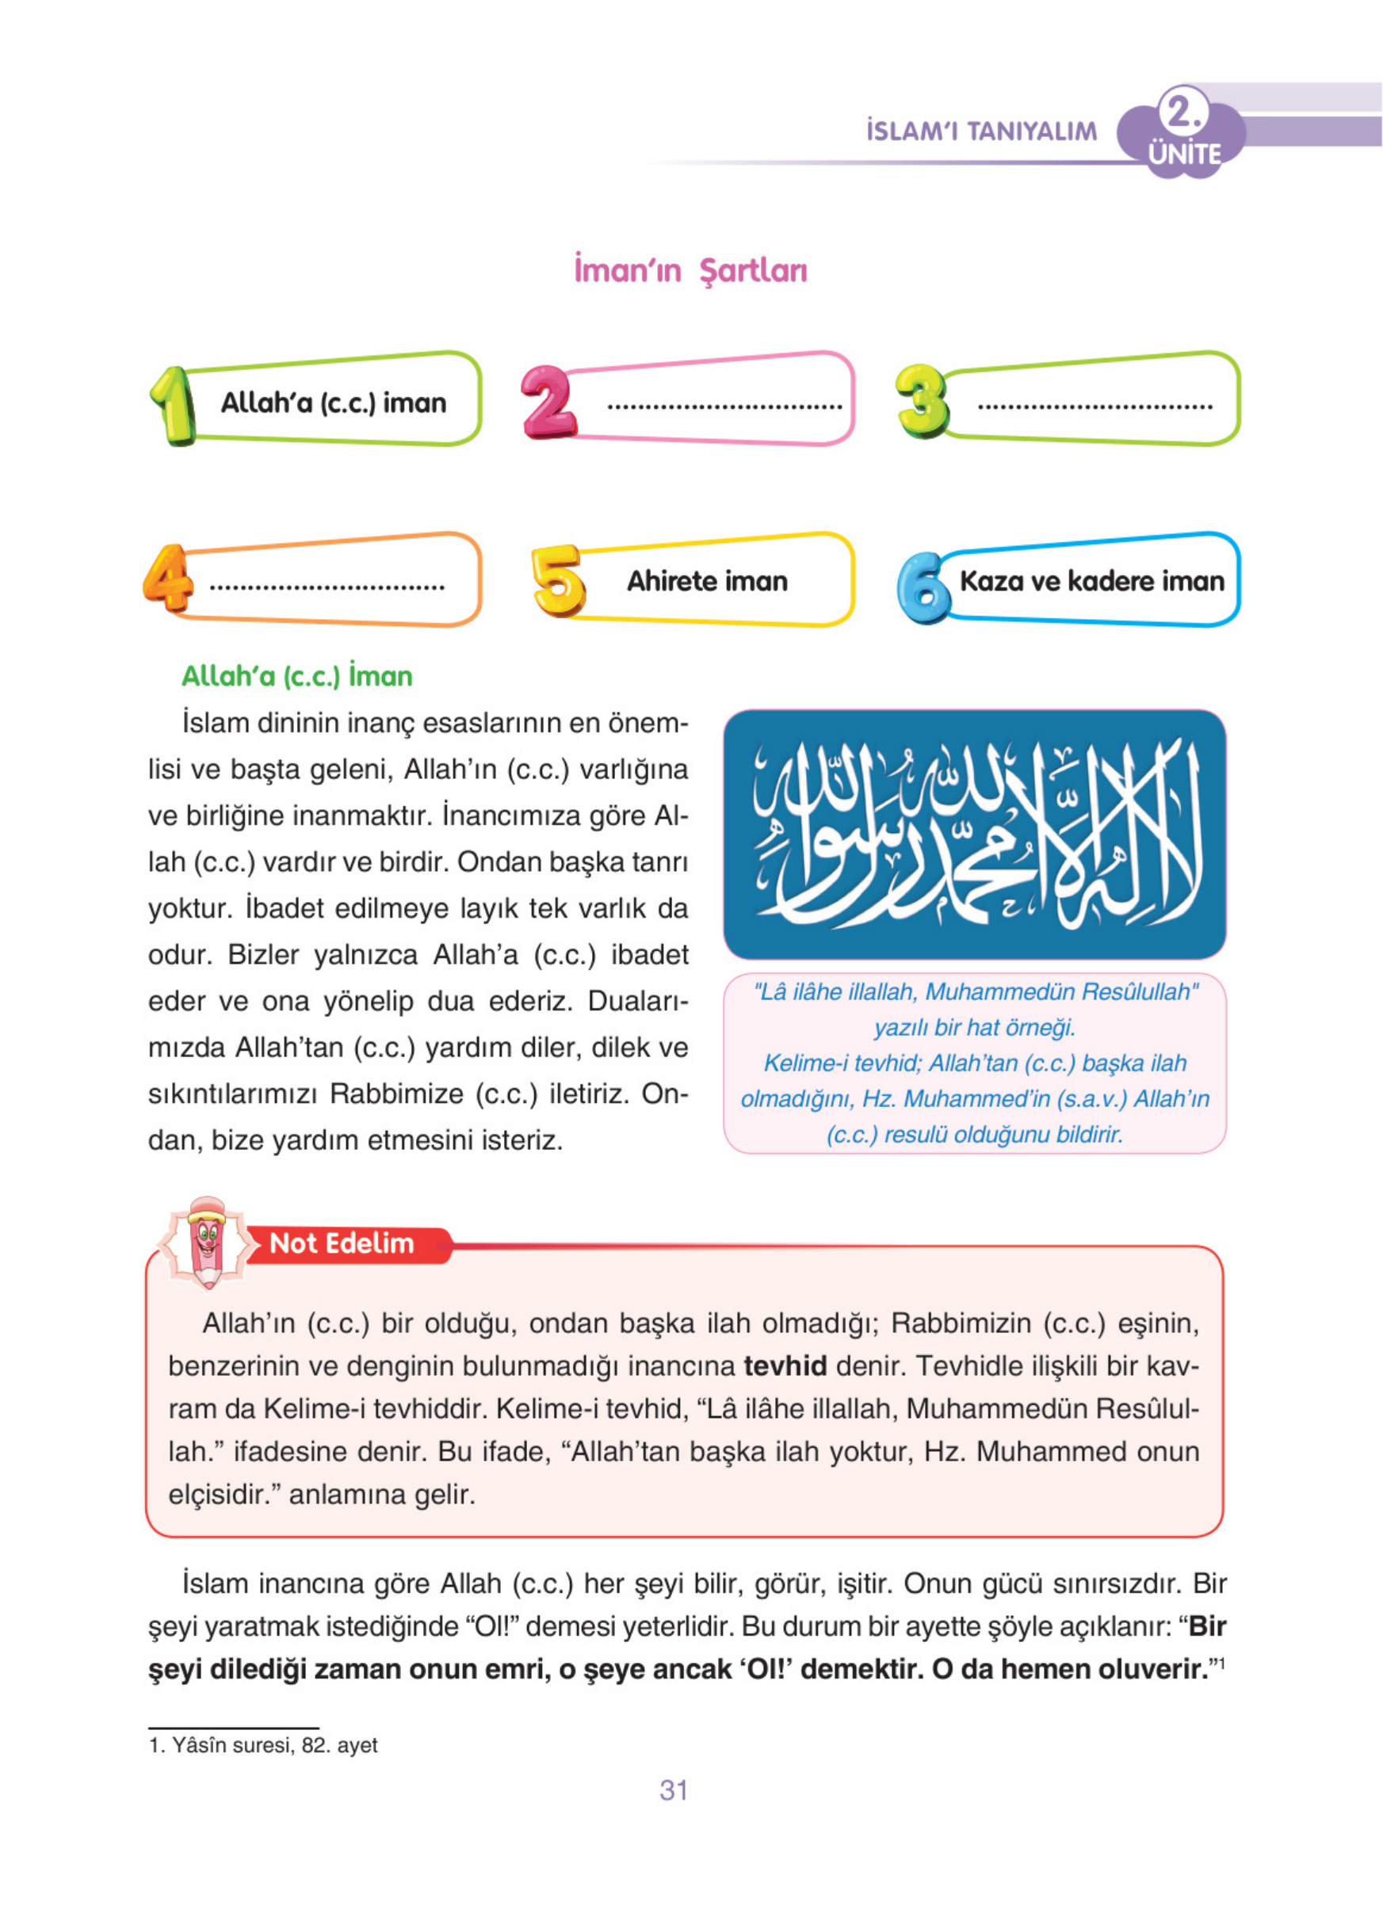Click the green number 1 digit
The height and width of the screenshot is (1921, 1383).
[173, 405]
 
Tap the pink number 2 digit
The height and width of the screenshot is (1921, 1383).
[547, 402]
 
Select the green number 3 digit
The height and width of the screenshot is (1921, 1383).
[923, 401]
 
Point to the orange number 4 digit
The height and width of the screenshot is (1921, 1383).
[169, 578]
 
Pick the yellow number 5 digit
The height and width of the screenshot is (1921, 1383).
[558, 580]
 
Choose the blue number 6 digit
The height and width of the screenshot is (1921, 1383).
[923, 587]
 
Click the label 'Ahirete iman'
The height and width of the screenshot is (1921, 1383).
[707, 581]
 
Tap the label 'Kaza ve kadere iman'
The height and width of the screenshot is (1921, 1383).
[1091, 581]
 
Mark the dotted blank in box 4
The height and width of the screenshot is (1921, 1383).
[327, 586]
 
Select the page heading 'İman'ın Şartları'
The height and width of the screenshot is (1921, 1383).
[690, 270]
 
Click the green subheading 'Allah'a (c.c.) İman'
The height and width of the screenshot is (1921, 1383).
[297, 676]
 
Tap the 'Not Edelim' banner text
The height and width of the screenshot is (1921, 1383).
[342, 1243]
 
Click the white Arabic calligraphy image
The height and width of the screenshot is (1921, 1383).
[974, 834]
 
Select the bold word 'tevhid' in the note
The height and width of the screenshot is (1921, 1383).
[785, 1366]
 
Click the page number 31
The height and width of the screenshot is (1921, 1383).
[674, 1789]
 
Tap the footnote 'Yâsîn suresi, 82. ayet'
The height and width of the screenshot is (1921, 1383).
[263, 1745]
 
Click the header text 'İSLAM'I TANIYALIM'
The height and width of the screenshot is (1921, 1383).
[980, 132]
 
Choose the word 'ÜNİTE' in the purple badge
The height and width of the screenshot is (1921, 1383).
[1184, 155]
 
